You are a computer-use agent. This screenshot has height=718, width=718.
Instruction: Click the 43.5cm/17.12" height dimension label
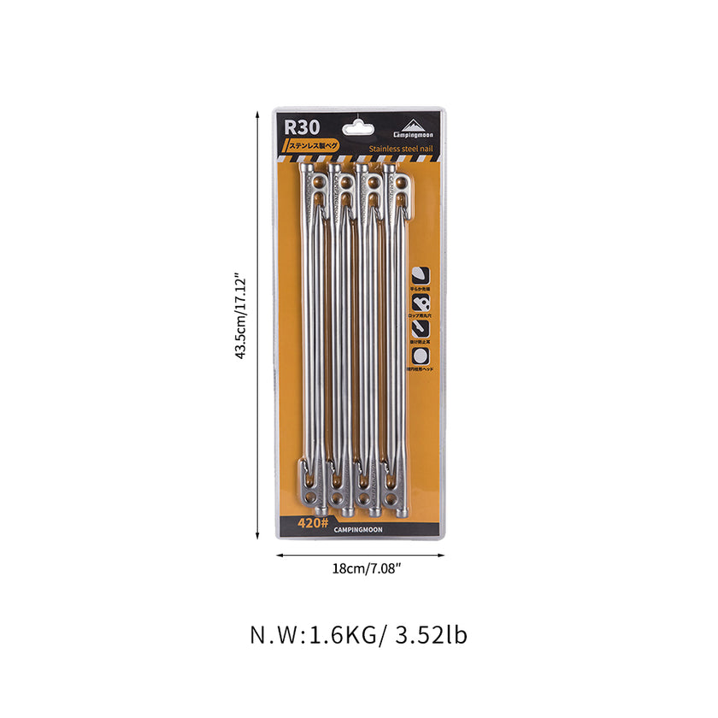coord(241,317)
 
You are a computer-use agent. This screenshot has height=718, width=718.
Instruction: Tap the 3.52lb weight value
coord(432,636)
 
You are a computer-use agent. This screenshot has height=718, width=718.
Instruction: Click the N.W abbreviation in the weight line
coord(273,636)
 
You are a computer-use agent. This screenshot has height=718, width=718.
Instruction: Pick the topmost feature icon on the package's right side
coord(421,275)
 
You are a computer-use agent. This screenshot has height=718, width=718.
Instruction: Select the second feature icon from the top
coord(421,302)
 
